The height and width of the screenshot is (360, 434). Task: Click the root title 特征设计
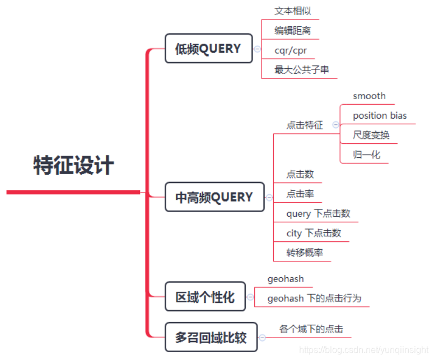(74, 166)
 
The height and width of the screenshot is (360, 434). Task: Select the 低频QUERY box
(208, 49)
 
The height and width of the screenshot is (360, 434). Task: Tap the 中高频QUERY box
(214, 197)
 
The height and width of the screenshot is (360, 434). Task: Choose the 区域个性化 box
(205, 297)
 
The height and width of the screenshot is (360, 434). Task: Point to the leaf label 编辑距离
(292, 31)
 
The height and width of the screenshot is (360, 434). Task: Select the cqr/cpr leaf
(291, 50)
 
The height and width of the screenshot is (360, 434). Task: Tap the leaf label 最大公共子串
(301, 70)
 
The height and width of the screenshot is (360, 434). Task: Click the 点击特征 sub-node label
(305, 125)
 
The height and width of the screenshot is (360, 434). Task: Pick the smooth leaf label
(369, 96)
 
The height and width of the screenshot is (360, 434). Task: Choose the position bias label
(380, 116)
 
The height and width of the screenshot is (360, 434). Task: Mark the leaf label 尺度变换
(371, 135)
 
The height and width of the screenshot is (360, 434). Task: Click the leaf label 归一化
(366, 155)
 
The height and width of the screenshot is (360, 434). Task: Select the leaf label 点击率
(300, 194)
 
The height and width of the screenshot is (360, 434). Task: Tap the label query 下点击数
(318, 213)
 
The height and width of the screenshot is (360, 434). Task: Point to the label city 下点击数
(314, 233)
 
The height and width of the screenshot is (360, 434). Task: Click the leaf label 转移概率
(305, 253)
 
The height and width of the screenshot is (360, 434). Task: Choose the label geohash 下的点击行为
(314, 298)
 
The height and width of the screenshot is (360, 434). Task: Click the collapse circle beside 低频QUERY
(257, 49)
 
